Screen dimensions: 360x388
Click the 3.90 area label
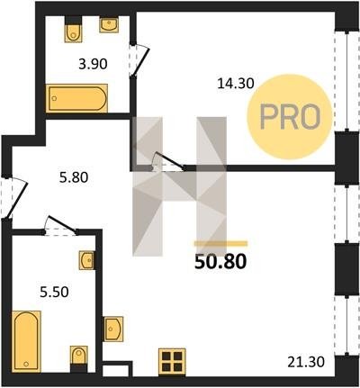93,64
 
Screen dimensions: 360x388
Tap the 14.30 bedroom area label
236,84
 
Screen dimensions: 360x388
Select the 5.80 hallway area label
74,177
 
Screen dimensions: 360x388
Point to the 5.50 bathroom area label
54,292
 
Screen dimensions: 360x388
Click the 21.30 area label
306,362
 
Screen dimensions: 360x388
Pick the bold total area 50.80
220,262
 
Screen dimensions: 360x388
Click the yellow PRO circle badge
290,117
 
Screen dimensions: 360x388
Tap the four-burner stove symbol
172,362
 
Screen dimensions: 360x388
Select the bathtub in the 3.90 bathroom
76,98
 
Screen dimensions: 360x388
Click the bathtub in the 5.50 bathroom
26,342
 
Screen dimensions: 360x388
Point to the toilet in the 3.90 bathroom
74,29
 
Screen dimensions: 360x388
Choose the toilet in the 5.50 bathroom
79,359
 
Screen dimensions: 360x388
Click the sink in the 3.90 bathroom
109,24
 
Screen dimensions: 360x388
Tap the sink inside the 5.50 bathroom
87,260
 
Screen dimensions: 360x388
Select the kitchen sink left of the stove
113,329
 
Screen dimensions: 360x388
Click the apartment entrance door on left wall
14,196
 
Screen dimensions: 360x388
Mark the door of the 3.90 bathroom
139,60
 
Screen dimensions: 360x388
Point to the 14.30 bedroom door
168,162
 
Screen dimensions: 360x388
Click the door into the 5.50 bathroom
61,225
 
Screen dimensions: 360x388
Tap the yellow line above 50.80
221,244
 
